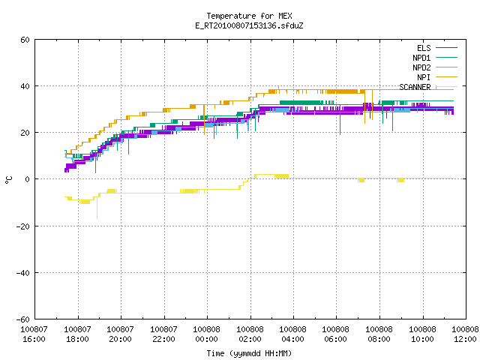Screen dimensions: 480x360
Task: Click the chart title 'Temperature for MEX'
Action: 249,16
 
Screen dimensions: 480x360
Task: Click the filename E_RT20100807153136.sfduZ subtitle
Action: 249,25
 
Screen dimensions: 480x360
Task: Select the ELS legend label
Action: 424,48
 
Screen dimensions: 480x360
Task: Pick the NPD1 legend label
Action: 421,58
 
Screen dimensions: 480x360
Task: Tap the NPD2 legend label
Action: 421,67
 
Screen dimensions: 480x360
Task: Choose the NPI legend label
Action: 424,77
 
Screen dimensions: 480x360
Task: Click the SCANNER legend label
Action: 415,87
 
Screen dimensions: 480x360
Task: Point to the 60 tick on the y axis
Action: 25,40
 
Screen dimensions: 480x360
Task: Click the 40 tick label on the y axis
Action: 25,86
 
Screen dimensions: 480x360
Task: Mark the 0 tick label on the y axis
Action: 28,179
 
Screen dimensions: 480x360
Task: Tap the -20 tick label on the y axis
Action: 23,226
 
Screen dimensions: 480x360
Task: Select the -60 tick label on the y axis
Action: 23,319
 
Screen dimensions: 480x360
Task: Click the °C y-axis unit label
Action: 8,180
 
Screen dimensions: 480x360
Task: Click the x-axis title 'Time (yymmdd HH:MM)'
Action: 249,353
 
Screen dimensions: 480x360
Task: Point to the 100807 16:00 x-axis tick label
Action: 34,334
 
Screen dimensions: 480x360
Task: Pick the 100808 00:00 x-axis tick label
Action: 207,334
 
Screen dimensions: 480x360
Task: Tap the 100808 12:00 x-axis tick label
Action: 465,334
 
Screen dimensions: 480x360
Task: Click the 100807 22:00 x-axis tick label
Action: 163,334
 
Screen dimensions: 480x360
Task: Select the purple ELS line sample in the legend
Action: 446,48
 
